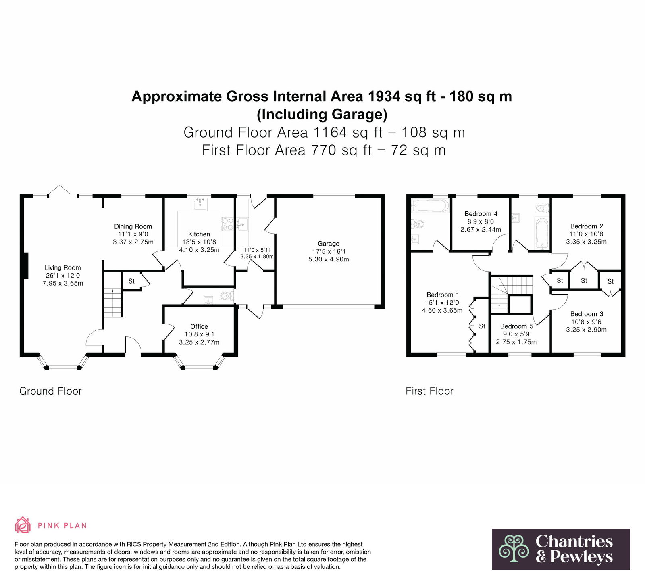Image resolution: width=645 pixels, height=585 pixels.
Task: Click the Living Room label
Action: point(62,267)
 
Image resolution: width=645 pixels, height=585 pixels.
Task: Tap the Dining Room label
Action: point(133,226)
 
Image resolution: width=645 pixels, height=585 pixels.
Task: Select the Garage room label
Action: point(329,244)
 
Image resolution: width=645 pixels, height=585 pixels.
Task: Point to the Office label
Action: point(199,326)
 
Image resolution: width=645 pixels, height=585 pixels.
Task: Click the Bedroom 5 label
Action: point(517,326)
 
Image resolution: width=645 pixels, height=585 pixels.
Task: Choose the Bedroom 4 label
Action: point(481,214)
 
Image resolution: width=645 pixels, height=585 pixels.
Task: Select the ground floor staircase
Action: point(112,303)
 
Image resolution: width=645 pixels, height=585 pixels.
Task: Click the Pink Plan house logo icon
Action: point(23,525)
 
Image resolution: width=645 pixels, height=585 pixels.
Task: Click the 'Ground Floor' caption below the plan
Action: point(50,391)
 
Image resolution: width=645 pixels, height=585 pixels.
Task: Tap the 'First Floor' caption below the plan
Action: point(430,391)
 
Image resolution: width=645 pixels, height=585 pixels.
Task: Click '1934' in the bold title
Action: point(384,96)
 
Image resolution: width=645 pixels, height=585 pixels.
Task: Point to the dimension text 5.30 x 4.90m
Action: point(329,259)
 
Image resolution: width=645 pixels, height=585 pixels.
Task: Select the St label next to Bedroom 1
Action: point(482,326)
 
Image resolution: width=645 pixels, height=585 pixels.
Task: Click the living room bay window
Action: point(62,362)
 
